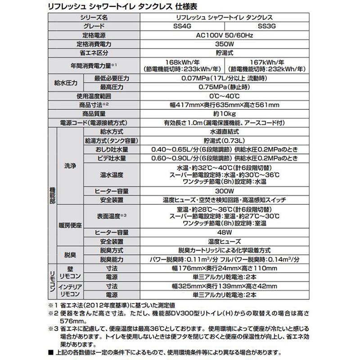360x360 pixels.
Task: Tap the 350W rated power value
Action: pos(226,45)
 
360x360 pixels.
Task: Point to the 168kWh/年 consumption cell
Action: pos(183,65)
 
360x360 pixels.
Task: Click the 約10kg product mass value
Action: pos(226,114)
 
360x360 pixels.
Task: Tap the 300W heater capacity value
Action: pos(226,191)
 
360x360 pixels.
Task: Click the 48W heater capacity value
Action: pos(226,233)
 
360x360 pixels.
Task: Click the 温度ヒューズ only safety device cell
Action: pos(226,241)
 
